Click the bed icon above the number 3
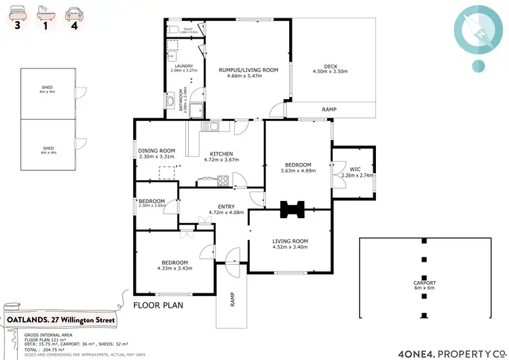click(x=16, y=12)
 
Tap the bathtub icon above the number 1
click(x=43, y=12)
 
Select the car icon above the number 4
click(x=71, y=12)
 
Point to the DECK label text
click(x=331, y=66)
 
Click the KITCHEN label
click(x=221, y=154)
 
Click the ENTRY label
click(x=226, y=206)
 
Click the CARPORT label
click(x=425, y=282)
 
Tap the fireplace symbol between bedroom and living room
click(x=294, y=209)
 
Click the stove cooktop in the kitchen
click(x=222, y=180)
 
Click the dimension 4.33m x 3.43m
click(x=174, y=268)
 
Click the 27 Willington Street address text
click(x=86, y=320)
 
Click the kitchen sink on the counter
click(x=213, y=126)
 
